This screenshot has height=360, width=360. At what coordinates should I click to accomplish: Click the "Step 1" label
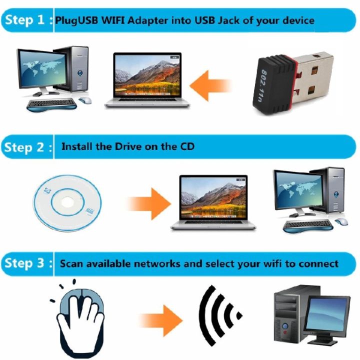(x=25, y=21)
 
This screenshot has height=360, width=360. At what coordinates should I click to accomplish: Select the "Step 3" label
(x=25, y=263)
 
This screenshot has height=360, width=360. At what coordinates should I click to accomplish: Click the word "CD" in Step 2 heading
(x=185, y=147)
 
